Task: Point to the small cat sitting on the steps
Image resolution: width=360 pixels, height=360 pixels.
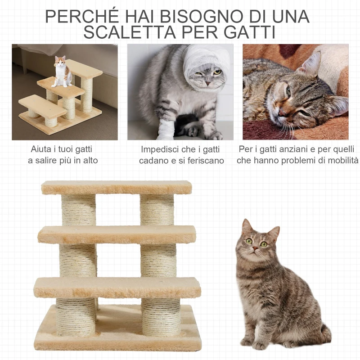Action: pyautogui.click(x=62, y=72)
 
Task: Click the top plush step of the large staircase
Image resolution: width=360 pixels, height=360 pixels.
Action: pyautogui.click(x=117, y=187)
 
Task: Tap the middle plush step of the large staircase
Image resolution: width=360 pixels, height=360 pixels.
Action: pyautogui.click(x=117, y=234)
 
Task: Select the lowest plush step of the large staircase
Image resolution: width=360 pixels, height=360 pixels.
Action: pyautogui.click(x=117, y=287)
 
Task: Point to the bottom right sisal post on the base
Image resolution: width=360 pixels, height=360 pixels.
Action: pyautogui.click(x=161, y=317)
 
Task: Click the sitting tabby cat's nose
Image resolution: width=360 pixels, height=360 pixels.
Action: pyautogui.click(x=255, y=248)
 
